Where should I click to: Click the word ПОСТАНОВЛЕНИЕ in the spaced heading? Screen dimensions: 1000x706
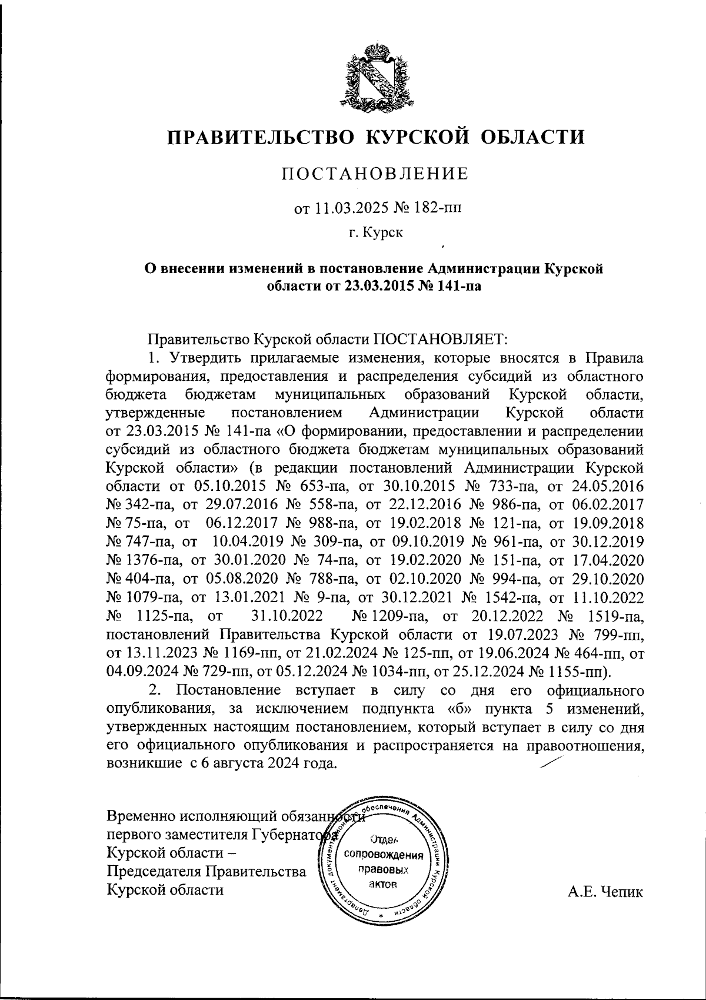(375, 174)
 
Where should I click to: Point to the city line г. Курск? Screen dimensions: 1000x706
(375, 234)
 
